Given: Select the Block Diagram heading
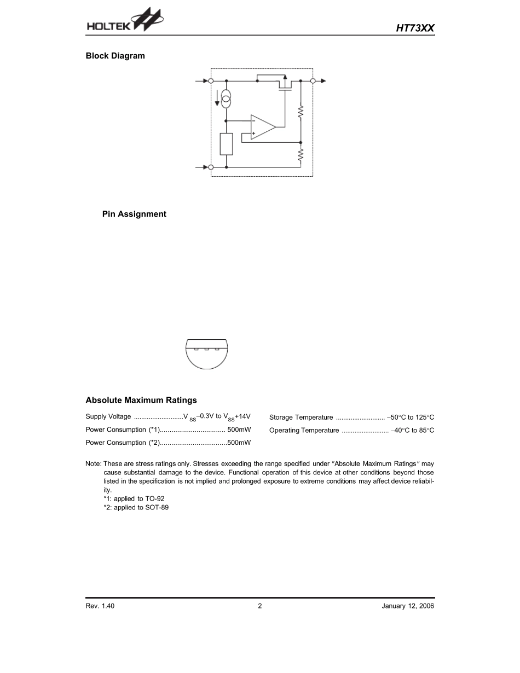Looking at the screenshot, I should (115, 56).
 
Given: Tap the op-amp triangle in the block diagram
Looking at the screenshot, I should (262, 127).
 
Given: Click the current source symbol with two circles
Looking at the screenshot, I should (226, 99).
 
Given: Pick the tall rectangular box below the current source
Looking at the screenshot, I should (226, 144).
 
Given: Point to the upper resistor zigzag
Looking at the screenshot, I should (301, 113).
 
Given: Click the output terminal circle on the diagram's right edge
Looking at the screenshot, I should (313, 81).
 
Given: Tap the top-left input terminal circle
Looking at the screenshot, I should (211, 81).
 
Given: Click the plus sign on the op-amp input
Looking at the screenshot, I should (253, 133).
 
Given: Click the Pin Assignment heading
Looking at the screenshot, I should (134, 214).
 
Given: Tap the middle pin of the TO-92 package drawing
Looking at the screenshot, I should (206, 349).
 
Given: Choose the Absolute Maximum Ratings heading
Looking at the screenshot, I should (141, 401).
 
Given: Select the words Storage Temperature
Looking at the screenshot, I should (301, 417).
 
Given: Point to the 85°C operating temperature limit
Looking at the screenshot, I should (423, 431).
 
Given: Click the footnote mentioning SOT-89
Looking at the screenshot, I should (136, 508).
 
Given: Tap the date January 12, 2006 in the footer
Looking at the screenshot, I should (408, 606).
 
